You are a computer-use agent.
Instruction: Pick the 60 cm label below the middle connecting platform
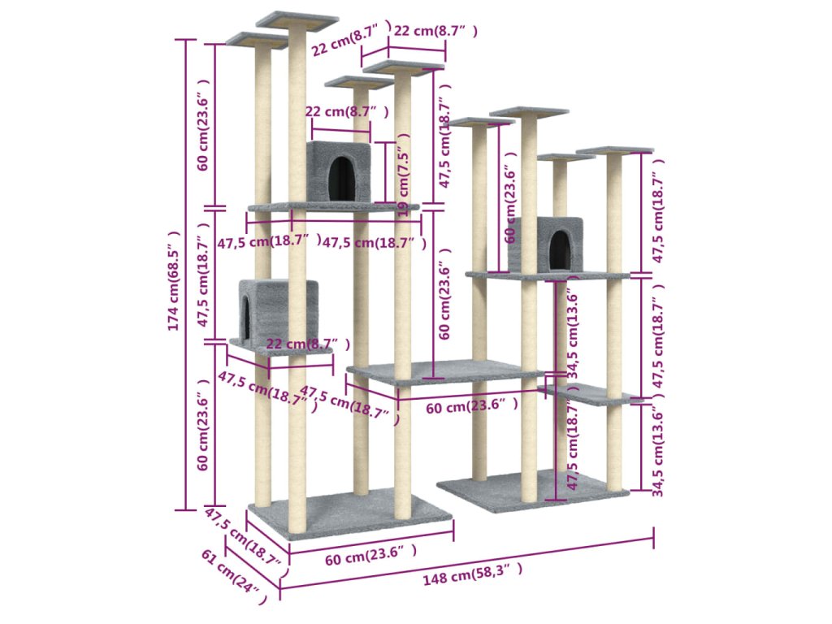coord(472,405)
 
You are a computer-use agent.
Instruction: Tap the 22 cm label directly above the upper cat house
coord(340,111)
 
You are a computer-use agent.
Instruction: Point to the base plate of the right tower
coord(520,489)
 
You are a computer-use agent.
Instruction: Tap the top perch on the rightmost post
coord(615,149)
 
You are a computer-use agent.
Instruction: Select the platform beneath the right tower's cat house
coord(547,275)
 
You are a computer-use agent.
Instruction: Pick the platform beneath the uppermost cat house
coord(333,207)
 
